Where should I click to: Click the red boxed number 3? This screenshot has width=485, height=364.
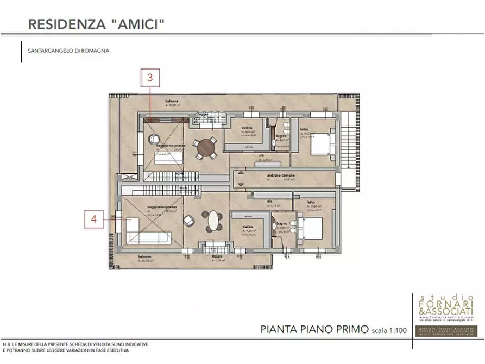pyautogui.click(x=150, y=78)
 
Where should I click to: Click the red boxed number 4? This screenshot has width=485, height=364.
pyautogui.click(x=94, y=219)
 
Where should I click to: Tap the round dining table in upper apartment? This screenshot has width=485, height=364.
pyautogui.click(x=205, y=147)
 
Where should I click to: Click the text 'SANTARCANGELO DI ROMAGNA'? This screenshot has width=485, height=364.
pyautogui.click(x=68, y=51)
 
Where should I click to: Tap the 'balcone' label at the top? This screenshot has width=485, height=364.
pyautogui.click(x=173, y=101)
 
